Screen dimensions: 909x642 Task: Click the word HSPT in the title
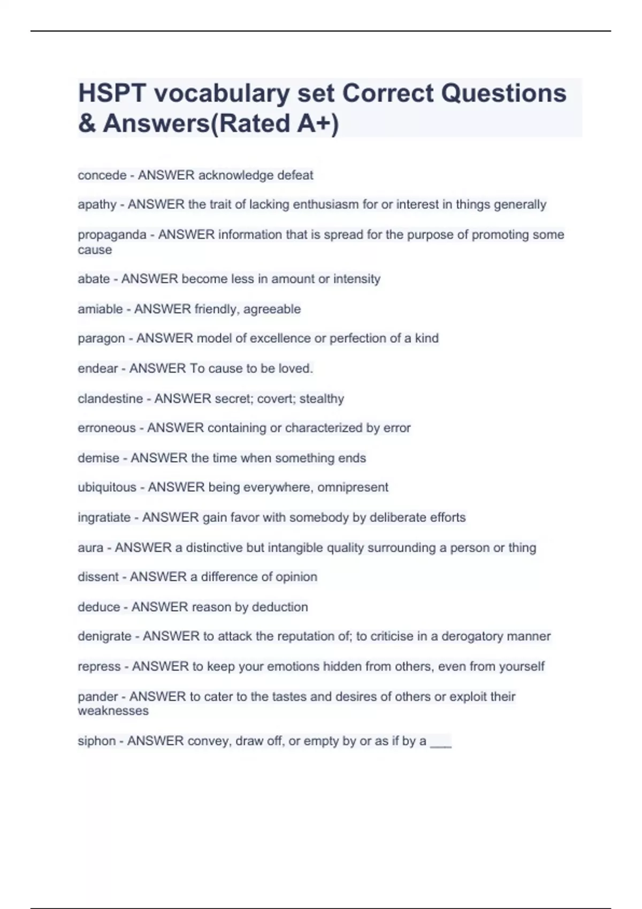[112, 93]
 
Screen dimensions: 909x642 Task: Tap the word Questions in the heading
[503, 93]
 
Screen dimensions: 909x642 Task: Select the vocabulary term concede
[102, 175]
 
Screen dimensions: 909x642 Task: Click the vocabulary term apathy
[97, 205]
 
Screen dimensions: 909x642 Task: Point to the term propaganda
[112, 235]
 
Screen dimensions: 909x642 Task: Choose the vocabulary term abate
[94, 279]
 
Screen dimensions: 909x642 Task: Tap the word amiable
[100, 309]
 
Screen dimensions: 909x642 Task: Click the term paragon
[101, 338]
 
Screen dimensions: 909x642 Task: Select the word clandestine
[110, 399]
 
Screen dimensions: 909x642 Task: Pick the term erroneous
[106, 428]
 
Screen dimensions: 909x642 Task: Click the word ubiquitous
[107, 488]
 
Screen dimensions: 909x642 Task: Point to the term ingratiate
[104, 518]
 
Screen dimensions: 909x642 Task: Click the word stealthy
[322, 399]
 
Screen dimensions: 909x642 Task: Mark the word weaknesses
[113, 711]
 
